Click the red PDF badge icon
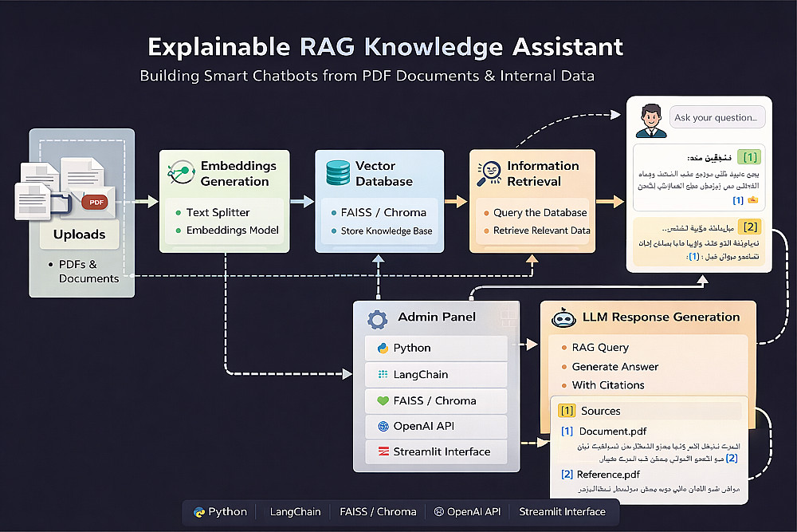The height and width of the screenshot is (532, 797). tap(96, 202)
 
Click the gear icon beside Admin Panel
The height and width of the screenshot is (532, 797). tap(377, 319)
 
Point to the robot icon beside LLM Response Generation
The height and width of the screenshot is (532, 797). tap(563, 317)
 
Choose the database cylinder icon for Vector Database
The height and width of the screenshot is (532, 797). tap(337, 173)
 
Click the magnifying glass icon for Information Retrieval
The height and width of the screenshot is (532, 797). tap(489, 174)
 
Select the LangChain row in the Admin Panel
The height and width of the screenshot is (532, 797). tap(436, 374)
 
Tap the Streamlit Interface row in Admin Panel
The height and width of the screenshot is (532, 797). tap(436, 451)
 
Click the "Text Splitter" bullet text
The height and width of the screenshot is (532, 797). tap(218, 213)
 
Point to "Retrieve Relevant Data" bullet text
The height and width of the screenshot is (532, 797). tap(541, 231)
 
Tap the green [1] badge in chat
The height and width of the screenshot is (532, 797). tap(749, 156)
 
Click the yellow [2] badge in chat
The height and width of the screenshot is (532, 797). tap(749, 227)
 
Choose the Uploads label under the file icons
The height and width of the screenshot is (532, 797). tap(79, 234)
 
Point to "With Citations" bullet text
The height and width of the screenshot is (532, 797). tap(608, 385)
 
